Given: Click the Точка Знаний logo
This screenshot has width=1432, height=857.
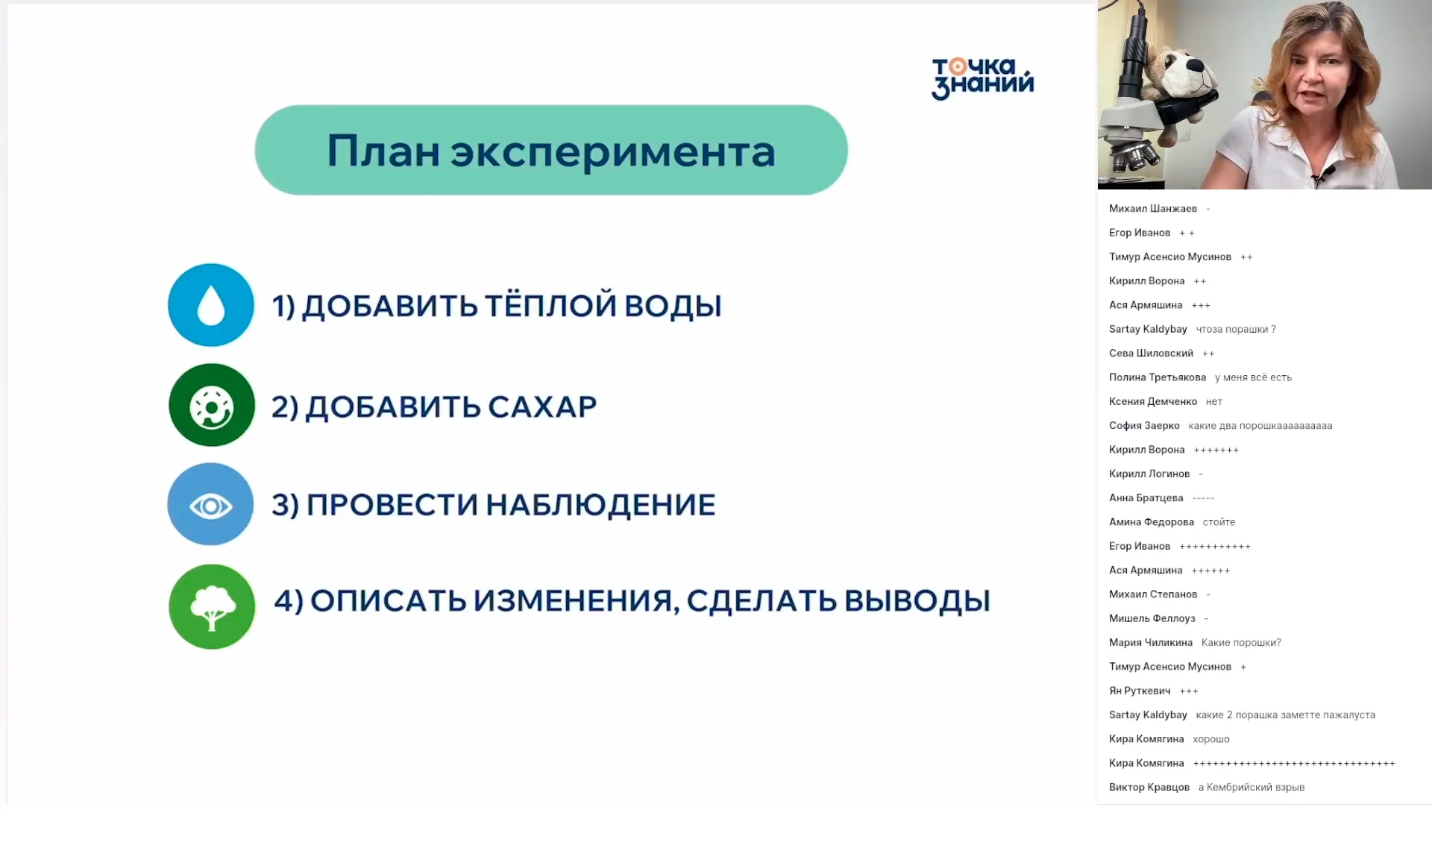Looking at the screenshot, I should tap(982, 78).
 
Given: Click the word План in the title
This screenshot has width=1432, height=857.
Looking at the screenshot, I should tap(383, 151).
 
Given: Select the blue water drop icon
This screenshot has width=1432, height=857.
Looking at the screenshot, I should tap(211, 305).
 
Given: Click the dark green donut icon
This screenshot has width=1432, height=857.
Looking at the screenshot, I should tap(212, 406).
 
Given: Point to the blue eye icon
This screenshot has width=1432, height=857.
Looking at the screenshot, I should tap(211, 506).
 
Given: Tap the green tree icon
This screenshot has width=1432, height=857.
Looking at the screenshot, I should tap(212, 606).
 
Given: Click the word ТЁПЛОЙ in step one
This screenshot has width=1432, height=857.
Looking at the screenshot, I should tap(551, 306).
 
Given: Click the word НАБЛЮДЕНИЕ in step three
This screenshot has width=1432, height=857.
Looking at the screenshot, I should tap(600, 505).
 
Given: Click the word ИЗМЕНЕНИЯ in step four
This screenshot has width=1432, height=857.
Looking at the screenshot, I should tap(577, 601).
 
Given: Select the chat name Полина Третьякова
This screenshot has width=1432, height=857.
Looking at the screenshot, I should tap(1157, 377).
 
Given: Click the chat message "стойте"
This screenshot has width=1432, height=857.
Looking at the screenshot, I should tap(1219, 522).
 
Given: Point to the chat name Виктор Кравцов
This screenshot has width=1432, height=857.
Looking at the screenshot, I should tap(1149, 787).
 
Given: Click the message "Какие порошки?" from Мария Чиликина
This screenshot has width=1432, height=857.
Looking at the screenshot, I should tap(1240, 642).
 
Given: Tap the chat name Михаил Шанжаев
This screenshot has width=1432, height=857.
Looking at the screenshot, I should tap(1152, 209).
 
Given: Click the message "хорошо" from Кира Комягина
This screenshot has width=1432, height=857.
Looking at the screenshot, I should tap(1210, 739).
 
